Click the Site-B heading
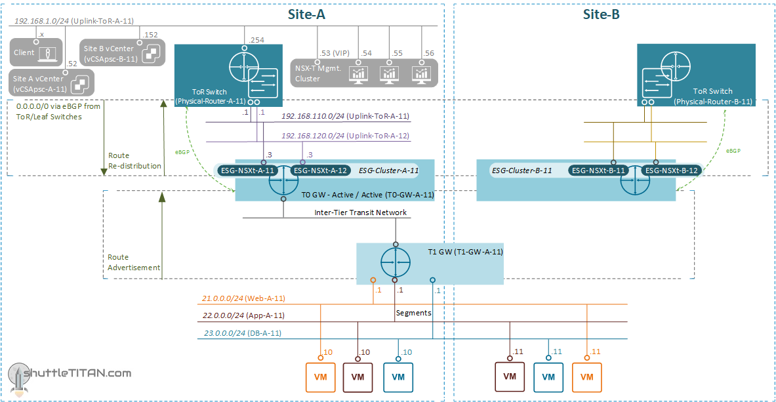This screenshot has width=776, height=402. [x=602, y=14]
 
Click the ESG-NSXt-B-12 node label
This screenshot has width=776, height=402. [x=671, y=171]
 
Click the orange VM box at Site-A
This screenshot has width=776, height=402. [x=321, y=377]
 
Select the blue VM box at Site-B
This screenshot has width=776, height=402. [x=548, y=377]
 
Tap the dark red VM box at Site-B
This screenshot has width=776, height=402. [x=510, y=376]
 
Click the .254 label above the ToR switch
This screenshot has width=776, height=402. [x=256, y=40]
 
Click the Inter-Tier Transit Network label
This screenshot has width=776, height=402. [x=360, y=212]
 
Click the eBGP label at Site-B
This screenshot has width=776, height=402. [x=733, y=150]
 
